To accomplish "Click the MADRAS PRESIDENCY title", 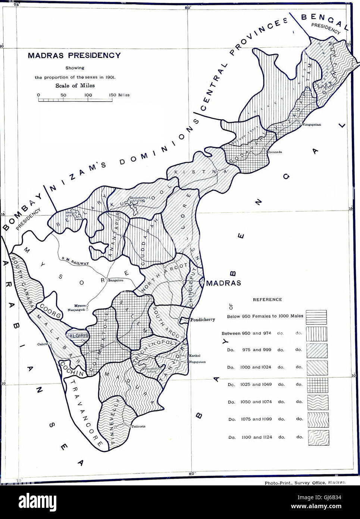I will (x=74, y=56).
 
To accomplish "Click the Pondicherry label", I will (x=203, y=320).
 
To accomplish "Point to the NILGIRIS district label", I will (x=78, y=335).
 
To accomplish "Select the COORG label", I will (x=51, y=315).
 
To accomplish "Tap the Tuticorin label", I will (x=138, y=426).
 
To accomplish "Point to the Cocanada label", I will (x=275, y=152).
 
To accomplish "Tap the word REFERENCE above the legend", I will (x=267, y=299).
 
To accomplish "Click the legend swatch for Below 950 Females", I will (x=316, y=317).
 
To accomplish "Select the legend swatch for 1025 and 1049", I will (x=317, y=385).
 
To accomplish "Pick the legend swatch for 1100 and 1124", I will (x=318, y=438).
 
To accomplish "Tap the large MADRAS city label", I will (x=223, y=283).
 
